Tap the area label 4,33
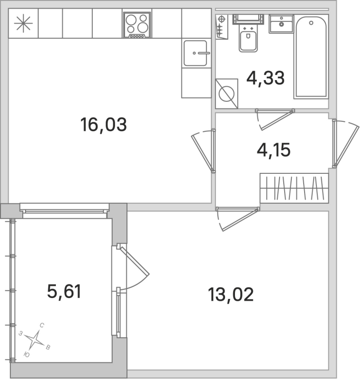tap(265, 78)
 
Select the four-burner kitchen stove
tap(137, 25)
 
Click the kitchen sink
tap(196, 53)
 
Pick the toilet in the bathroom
tap(248, 40)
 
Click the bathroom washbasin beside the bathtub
tap(281, 23)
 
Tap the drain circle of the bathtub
tap(311, 22)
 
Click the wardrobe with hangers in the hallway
tap(294, 188)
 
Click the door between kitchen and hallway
tap(203, 150)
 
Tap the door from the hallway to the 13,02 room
tap(237, 217)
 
